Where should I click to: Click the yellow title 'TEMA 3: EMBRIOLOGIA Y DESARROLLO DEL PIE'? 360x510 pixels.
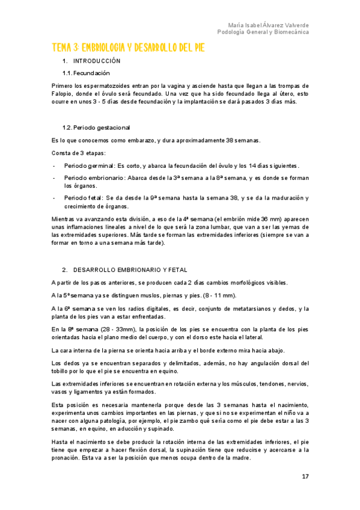point(128,48)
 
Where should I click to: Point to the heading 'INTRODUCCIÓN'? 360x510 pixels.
point(97,61)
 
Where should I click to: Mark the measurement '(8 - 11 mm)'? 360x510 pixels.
point(219,295)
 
